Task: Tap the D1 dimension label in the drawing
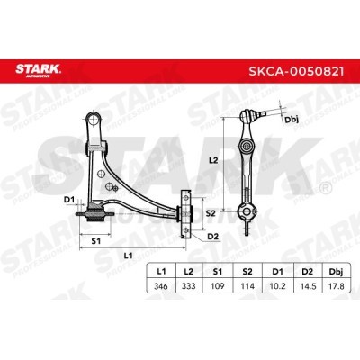(x=69, y=199)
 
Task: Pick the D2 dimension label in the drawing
(x=212, y=236)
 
